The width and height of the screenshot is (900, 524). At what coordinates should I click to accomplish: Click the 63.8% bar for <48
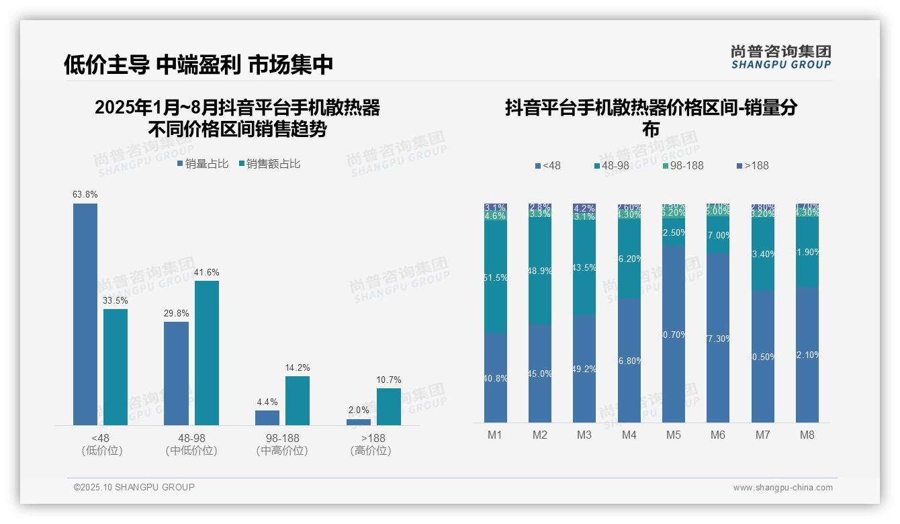point(85,314)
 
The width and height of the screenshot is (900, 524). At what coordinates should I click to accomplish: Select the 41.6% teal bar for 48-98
point(207,353)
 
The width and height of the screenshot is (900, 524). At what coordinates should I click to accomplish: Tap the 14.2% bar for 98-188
point(298,400)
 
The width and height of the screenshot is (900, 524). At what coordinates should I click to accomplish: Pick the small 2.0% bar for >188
point(359,422)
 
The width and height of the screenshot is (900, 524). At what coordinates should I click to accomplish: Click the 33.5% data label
point(115,300)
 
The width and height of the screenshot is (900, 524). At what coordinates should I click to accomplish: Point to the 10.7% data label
point(389,380)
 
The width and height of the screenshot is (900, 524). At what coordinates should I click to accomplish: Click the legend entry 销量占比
point(202,163)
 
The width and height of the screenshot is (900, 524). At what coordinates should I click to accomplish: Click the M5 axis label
point(674,435)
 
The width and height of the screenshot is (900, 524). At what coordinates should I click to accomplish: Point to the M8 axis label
point(807,435)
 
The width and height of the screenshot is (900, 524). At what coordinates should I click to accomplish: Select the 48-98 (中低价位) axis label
point(191,444)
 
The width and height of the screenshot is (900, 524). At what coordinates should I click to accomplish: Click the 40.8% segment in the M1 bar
point(496,378)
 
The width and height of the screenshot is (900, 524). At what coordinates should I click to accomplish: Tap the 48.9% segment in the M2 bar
point(540,271)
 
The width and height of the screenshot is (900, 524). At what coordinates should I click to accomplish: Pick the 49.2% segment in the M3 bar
point(584,369)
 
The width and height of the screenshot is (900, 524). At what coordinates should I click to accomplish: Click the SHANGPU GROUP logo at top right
point(781,56)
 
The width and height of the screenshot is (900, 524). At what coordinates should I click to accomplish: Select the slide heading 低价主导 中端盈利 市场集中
point(199,64)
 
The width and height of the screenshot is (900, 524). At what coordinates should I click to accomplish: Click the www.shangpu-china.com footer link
point(782,488)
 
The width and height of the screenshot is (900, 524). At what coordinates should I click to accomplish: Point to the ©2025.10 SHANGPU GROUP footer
point(134,487)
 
